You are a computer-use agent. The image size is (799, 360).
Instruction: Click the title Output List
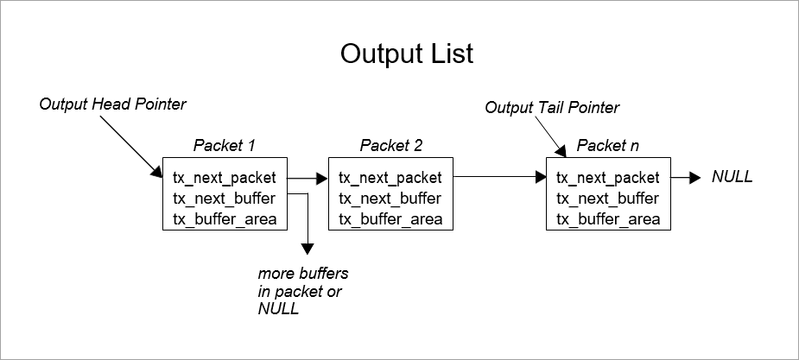click(406, 54)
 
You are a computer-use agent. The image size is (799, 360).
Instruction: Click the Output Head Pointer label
click(113, 104)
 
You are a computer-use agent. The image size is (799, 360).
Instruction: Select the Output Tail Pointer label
click(552, 108)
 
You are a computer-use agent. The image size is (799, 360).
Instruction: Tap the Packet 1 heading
click(224, 145)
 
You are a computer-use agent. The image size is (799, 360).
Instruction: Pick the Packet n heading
click(608, 145)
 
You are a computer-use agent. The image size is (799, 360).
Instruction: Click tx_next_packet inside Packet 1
click(225, 179)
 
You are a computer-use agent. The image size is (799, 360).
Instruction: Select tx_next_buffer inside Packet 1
click(224, 199)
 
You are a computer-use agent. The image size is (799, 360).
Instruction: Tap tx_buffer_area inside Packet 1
click(225, 218)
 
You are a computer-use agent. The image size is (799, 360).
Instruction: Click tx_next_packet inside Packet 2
click(390, 179)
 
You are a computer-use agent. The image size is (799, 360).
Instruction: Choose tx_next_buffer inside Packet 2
click(390, 199)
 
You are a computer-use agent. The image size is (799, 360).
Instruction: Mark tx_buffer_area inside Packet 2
click(390, 218)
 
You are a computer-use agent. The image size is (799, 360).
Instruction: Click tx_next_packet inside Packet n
click(608, 179)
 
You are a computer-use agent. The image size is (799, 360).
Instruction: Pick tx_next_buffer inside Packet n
click(607, 199)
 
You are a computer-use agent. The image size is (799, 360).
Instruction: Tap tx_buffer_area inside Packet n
click(608, 218)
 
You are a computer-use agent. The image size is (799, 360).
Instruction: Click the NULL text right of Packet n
click(732, 177)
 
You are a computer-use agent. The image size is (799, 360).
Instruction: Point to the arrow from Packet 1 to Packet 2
click(307, 179)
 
